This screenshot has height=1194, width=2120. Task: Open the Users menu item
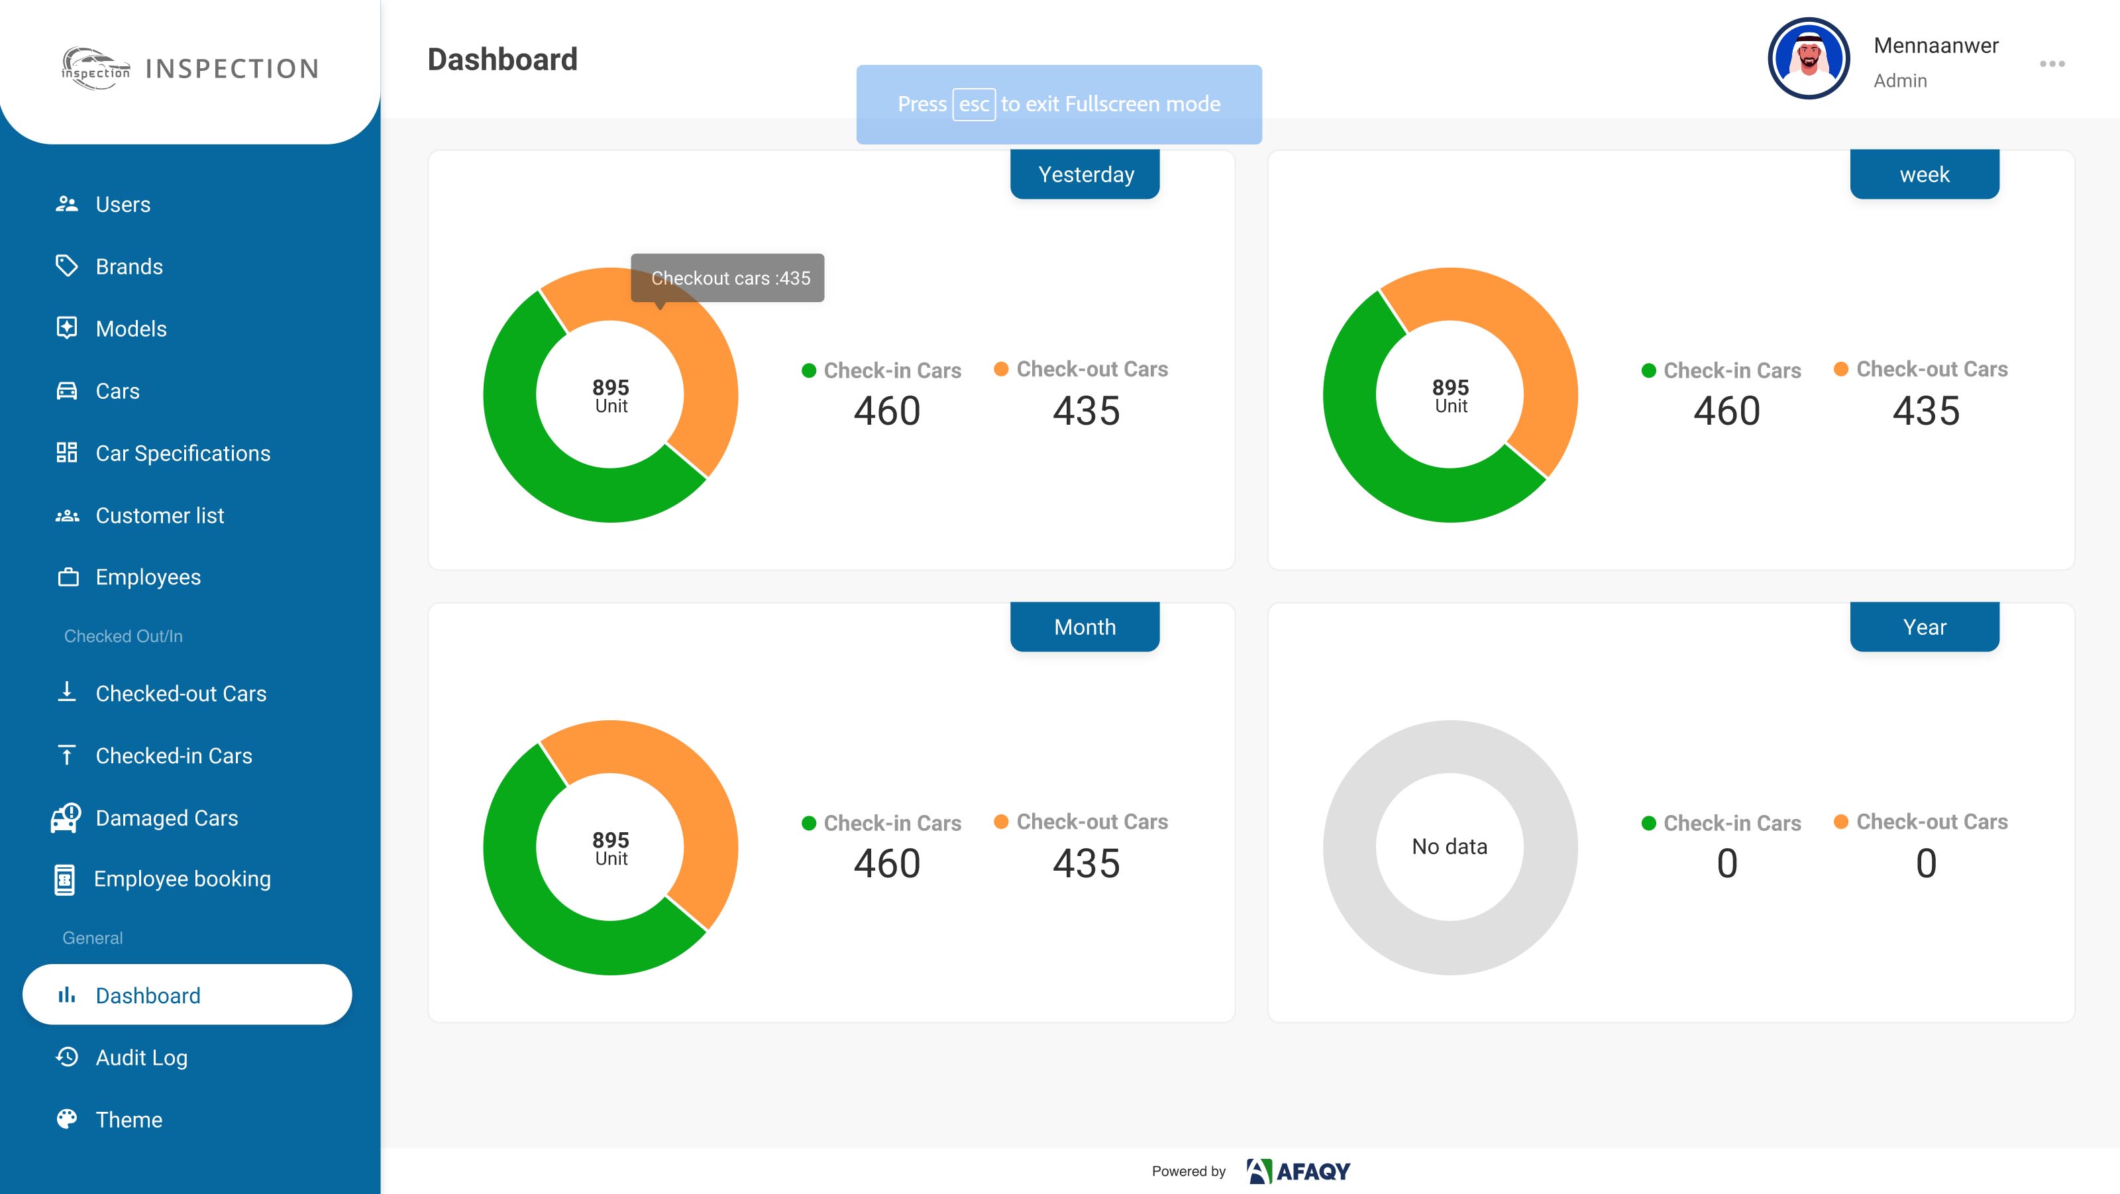tap(123, 204)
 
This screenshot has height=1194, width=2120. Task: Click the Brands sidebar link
tap(129, 266)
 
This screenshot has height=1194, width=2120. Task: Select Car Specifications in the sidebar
tap(183, 453)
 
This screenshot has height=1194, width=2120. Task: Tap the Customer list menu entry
tap(160, 515)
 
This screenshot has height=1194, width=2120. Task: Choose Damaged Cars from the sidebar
tap(166, 818)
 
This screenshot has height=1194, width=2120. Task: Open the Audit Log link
tap(142, 1058)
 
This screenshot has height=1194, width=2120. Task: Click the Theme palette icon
tap(67, 1119)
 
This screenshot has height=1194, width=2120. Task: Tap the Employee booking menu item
tap(182, 879)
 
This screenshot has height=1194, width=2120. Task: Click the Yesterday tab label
tap(1086, 174)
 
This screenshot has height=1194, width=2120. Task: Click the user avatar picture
tap(1809, 58)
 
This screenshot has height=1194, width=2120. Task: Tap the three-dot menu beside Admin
tap(2052, 64)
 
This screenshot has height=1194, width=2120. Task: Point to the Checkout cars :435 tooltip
tap(727, 278)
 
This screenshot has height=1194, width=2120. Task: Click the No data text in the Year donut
tap(1450, 847)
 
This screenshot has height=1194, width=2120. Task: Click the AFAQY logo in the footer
tap(1298, 1171)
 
